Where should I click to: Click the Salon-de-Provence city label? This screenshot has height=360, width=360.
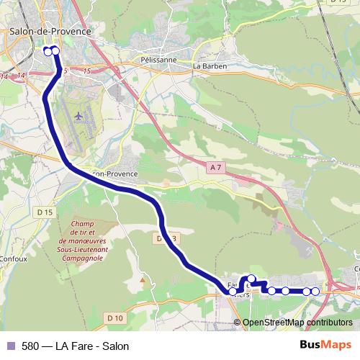coord(50,31)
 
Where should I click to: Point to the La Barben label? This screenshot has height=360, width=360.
coord(210,66)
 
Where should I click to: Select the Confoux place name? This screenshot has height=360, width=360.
coord(12,258)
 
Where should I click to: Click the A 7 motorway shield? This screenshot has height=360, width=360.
coord(215,167)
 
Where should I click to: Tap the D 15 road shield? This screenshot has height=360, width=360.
coord(45,212)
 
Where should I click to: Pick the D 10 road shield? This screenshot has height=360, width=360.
coord(115,317)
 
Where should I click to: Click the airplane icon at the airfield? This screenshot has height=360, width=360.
coord(78,115)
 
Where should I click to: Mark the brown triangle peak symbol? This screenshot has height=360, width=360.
coord(142,279)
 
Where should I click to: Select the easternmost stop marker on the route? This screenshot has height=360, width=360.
coord(315,291)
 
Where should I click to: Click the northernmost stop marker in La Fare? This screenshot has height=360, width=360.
coord(251,279)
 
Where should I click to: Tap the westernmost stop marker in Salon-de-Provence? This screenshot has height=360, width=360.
coord(48,51)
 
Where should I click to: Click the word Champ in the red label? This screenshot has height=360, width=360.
coord(84,224)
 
